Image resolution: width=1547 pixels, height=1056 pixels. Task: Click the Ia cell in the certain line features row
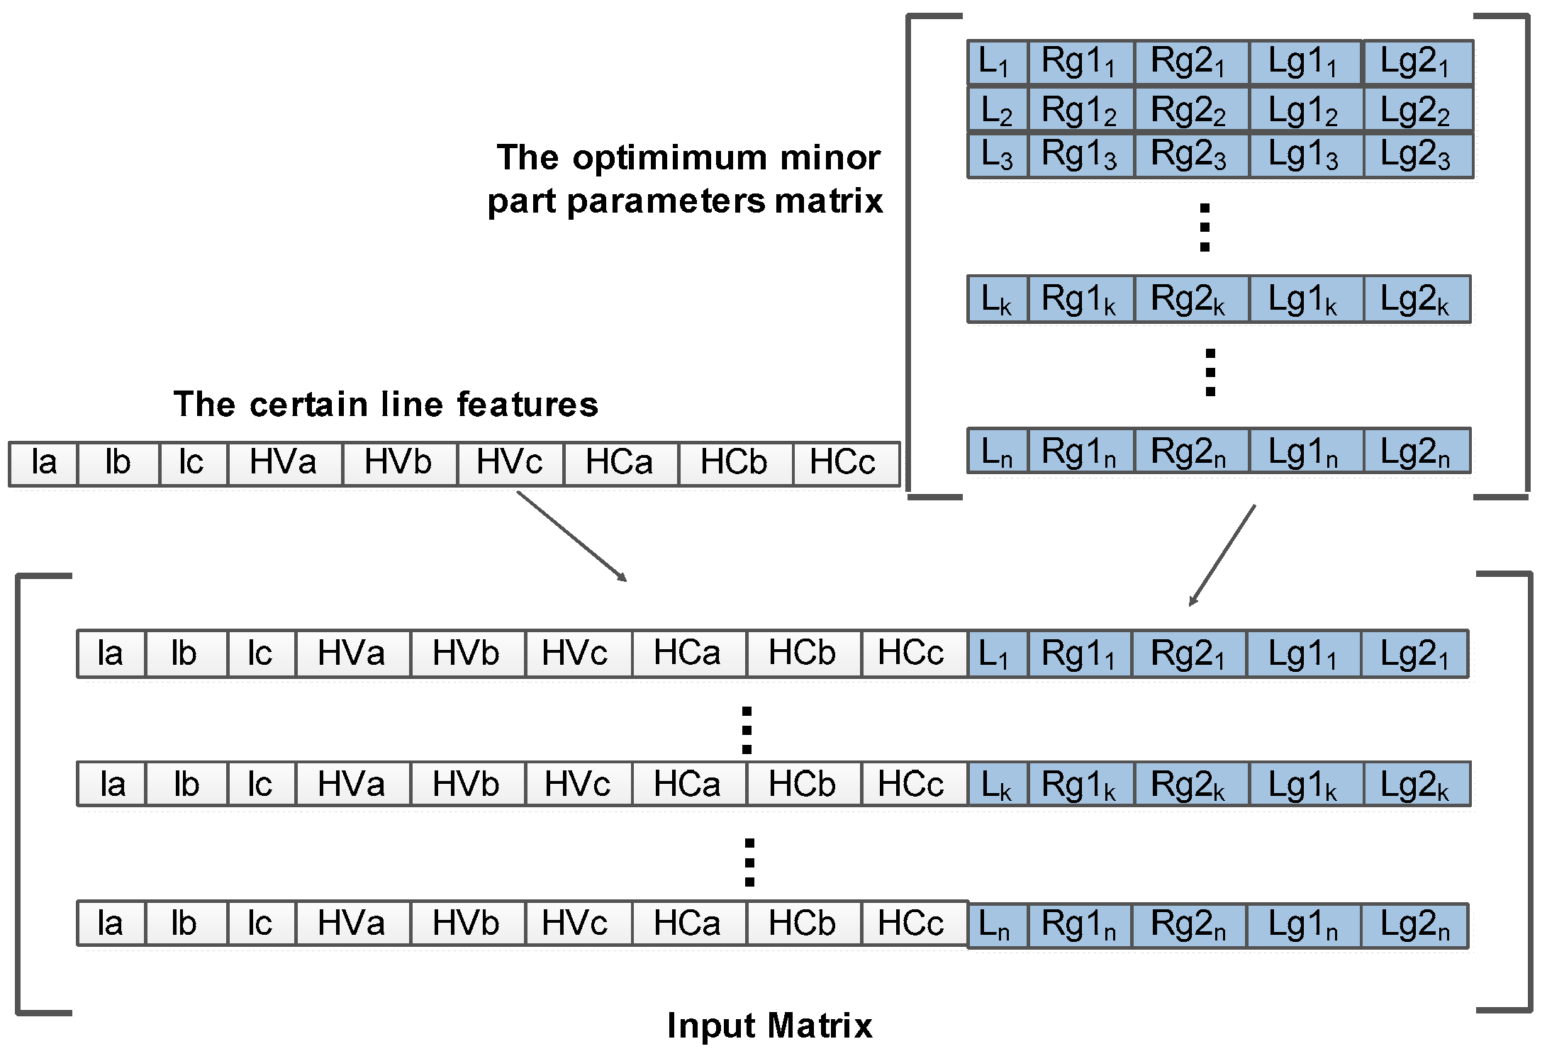(x=43, y=464)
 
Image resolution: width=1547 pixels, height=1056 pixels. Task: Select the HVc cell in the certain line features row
(x=510, y=464)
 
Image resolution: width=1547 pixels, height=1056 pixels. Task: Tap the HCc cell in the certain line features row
(x=844, y=464)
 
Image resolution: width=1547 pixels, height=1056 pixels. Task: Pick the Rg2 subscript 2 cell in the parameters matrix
(x=1190, y=111)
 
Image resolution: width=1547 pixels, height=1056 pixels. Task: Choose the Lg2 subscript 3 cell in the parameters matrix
(x=1416, y=155)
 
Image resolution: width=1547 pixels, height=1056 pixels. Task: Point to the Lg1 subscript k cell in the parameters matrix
(x=1304, y=300)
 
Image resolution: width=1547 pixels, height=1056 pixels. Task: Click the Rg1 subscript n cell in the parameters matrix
(x=1079, y=451)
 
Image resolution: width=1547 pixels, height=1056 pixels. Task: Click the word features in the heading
(x=527, y=405)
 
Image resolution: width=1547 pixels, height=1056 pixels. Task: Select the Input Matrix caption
(x=770, y=1026)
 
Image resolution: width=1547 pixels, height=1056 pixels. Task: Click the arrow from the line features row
(x=571, y=537)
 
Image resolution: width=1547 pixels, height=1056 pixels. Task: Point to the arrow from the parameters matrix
(x=1222, y=555)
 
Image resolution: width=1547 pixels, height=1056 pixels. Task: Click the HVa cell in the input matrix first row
(x=352, y=653)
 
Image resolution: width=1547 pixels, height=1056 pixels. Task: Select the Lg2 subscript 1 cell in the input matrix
(x=1414, y=653)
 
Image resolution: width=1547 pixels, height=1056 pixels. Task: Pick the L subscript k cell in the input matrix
(x=996, y=785)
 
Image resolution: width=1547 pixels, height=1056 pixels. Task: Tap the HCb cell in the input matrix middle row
(x=803, y=785)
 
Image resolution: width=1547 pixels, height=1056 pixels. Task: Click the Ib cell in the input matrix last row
(x=184, y=924)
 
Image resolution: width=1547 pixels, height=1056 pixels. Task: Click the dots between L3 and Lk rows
(x=1205, y=228)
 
